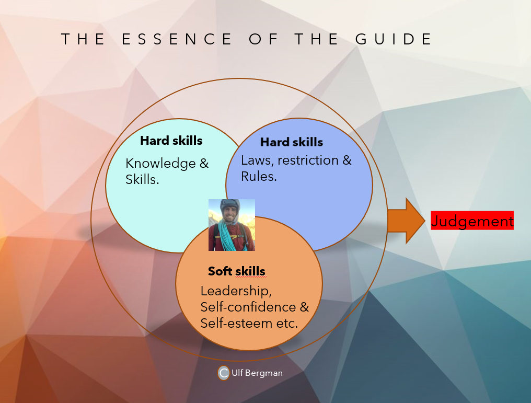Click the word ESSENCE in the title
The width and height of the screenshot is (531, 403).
click(177, 39)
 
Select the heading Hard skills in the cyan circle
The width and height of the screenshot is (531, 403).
click(171, 141)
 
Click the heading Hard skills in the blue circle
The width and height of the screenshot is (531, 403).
click(292, 142)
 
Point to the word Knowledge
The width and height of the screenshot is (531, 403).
click(160, 163)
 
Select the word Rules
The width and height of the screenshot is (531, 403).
click(259, 177)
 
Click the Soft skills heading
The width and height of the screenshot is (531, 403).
click(236, 271)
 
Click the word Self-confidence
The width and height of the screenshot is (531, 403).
click(248, 307)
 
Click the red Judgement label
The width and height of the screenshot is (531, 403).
click(472, 221)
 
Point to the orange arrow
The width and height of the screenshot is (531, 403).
click(407, 221)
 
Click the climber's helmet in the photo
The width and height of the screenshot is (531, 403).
click(230, 205)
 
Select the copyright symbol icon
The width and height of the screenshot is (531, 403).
click(224, 373)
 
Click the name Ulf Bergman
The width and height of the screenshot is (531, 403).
click(257, 373)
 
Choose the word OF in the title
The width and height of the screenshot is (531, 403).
click(263, 39)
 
